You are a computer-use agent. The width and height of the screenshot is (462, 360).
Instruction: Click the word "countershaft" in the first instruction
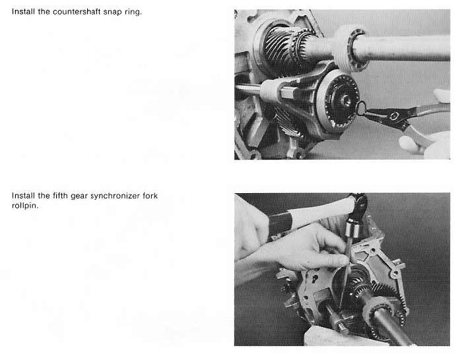tap(77, 12)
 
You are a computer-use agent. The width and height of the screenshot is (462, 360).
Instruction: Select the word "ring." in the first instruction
tap(133, 13)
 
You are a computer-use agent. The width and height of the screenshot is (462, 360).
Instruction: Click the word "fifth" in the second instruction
tap(60, 196)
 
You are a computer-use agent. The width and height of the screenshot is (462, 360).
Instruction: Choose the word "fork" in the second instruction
tap(150, 196)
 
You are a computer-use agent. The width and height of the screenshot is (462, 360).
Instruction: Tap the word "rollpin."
tap(25, 206)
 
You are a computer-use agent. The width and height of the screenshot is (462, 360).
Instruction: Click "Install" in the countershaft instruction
tap(23, 12)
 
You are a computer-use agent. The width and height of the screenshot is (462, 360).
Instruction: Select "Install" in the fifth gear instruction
tap(23, 196)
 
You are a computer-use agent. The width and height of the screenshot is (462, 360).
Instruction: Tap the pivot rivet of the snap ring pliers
tap(394, 117)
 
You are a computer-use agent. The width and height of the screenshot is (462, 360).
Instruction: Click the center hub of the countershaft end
tap(345, 101)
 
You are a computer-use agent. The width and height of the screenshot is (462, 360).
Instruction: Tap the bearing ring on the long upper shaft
tap(350, 49)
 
